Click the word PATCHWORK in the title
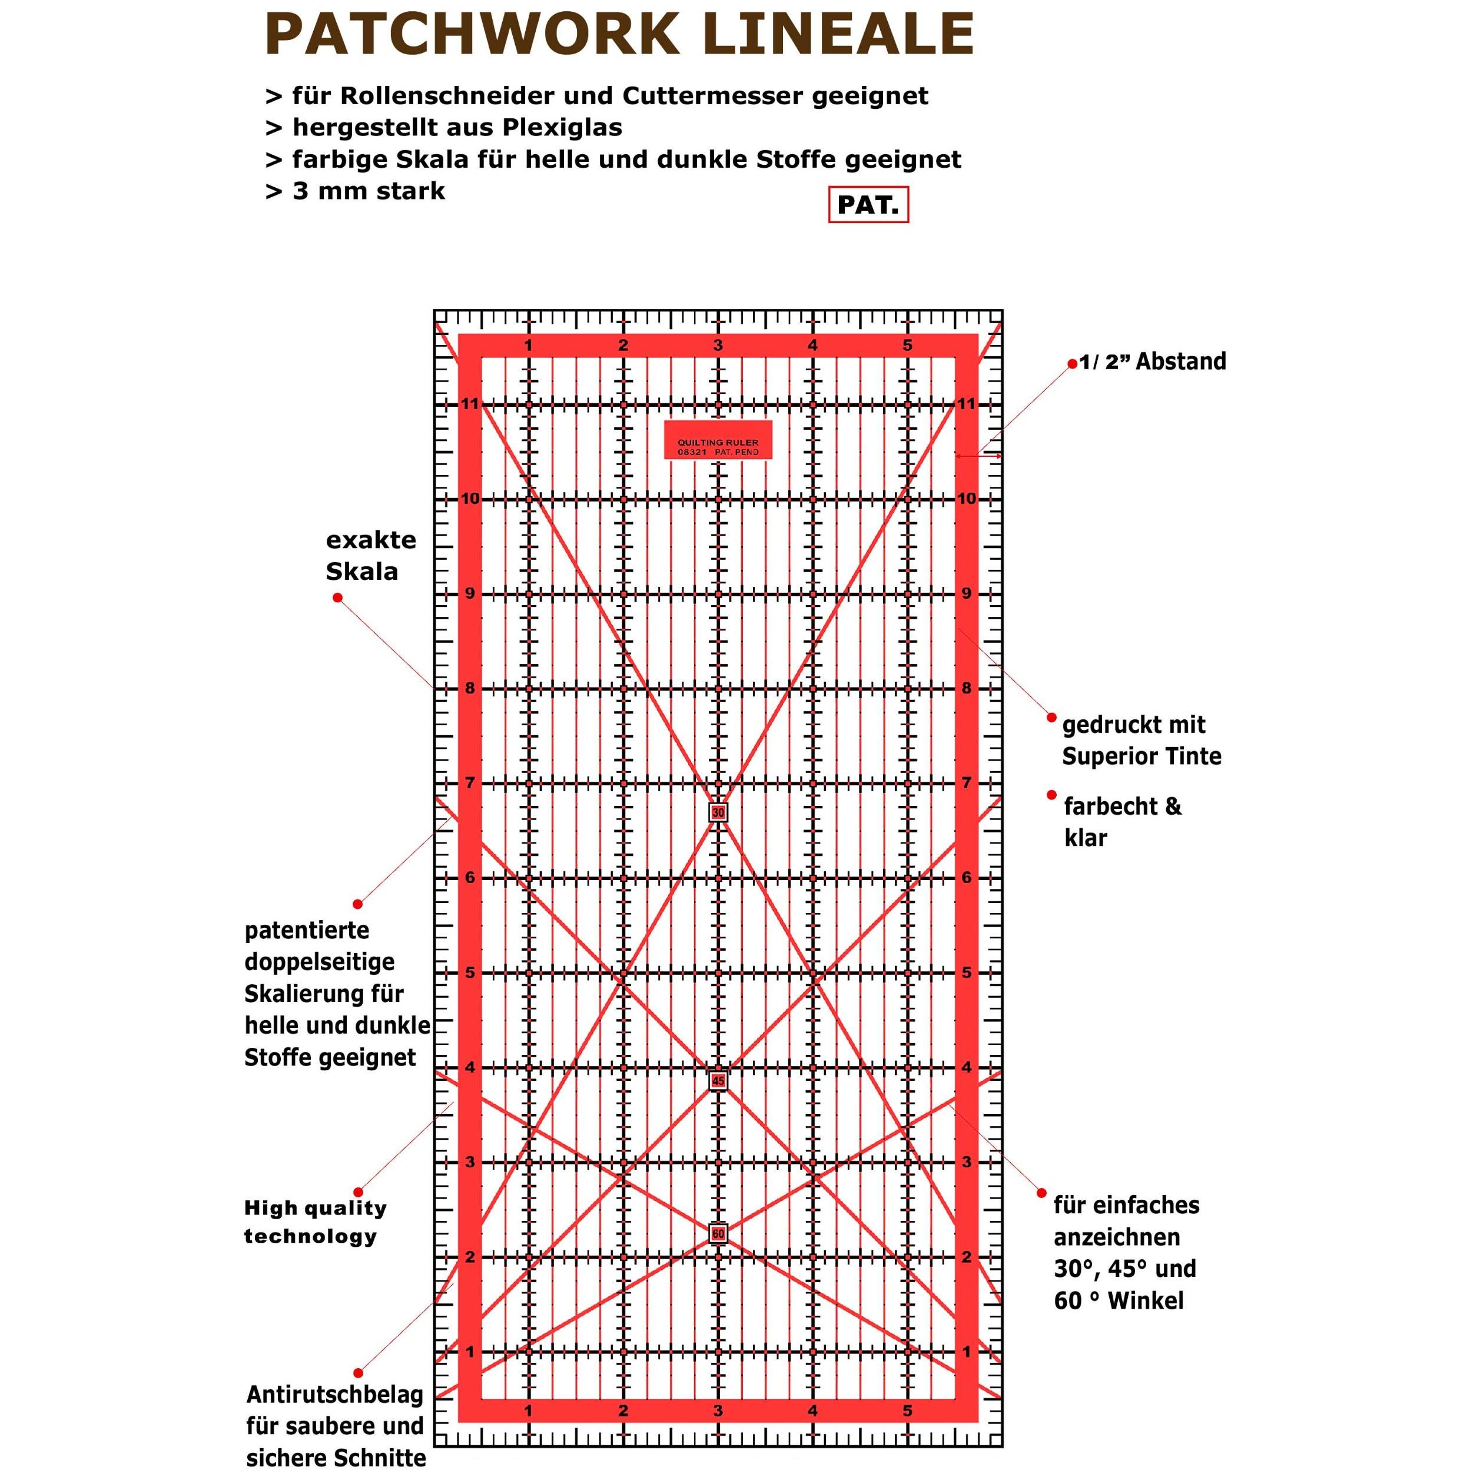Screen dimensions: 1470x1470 [472, 34]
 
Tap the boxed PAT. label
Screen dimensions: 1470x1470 [868, 205]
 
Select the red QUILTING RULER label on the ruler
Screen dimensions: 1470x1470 [718, 440]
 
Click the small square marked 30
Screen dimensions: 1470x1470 [718, 812]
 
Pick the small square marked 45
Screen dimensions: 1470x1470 [718, 1080]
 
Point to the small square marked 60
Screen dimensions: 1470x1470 [718, 1233]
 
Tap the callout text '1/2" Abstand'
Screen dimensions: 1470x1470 [1153, 361]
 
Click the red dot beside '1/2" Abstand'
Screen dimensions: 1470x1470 [1073, 364]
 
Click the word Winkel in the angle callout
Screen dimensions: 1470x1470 [1146, 1300]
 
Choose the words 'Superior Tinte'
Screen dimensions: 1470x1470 [1142, 756]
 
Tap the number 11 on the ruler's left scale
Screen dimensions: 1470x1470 [470, 404]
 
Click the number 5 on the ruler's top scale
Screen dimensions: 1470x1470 [908, 346]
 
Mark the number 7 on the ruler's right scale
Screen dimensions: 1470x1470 [966, 783]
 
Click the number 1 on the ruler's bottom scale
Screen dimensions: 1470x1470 [528, 1411]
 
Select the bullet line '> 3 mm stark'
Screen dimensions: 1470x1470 [354, 191]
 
